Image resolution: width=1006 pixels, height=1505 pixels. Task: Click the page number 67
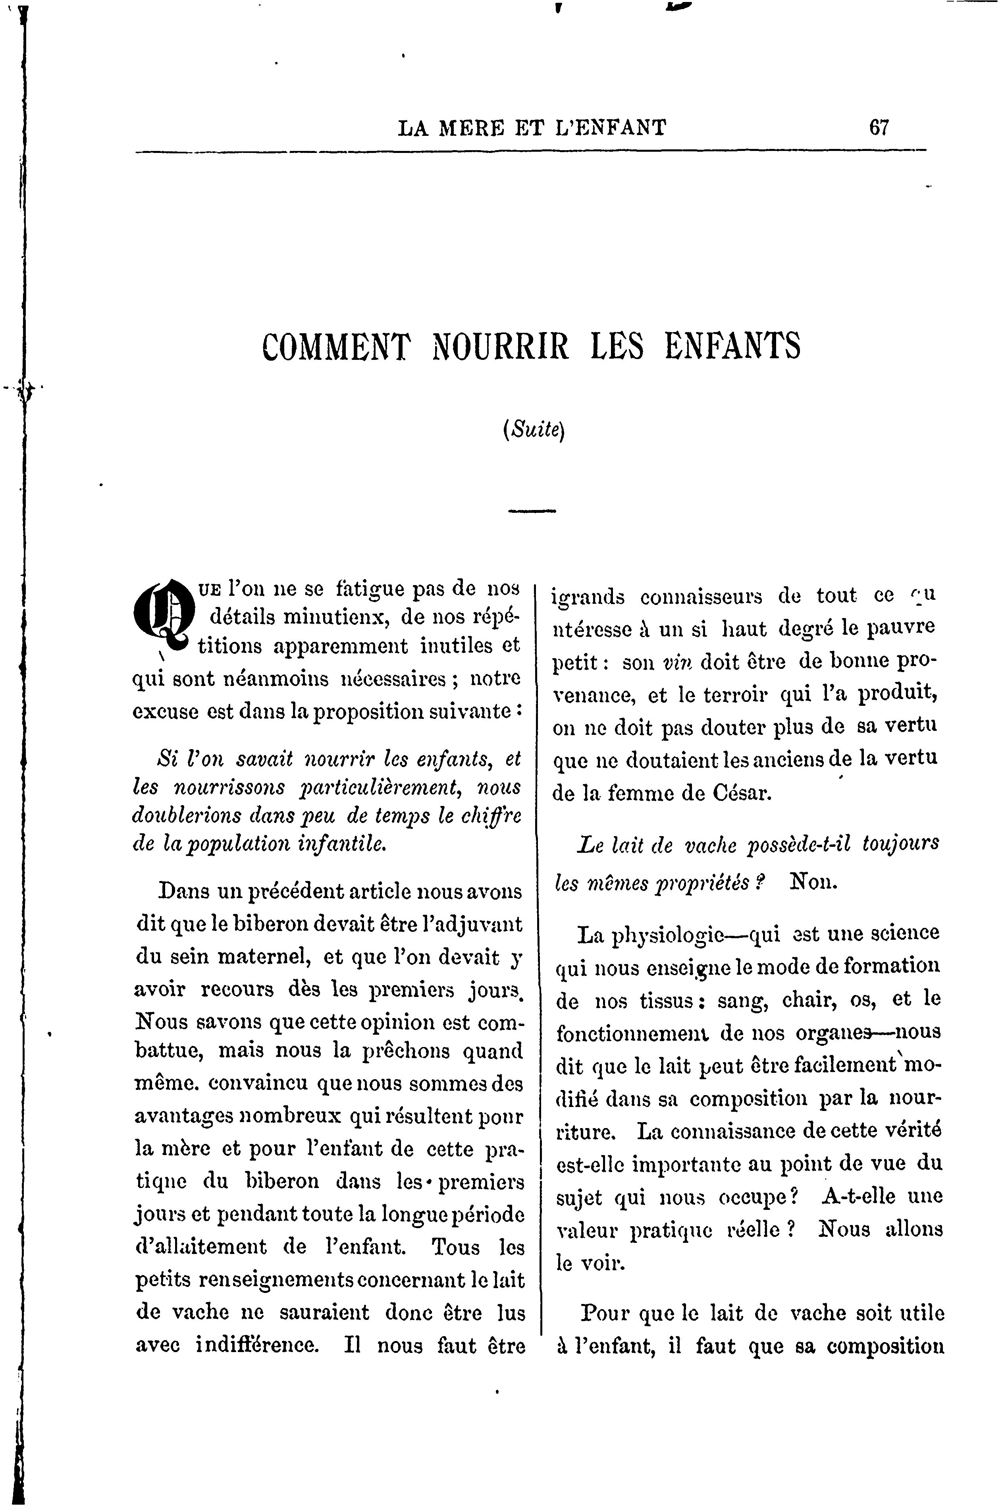879,128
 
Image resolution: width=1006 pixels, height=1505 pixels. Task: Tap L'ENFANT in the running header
610,128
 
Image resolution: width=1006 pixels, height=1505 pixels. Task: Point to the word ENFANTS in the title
733,347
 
